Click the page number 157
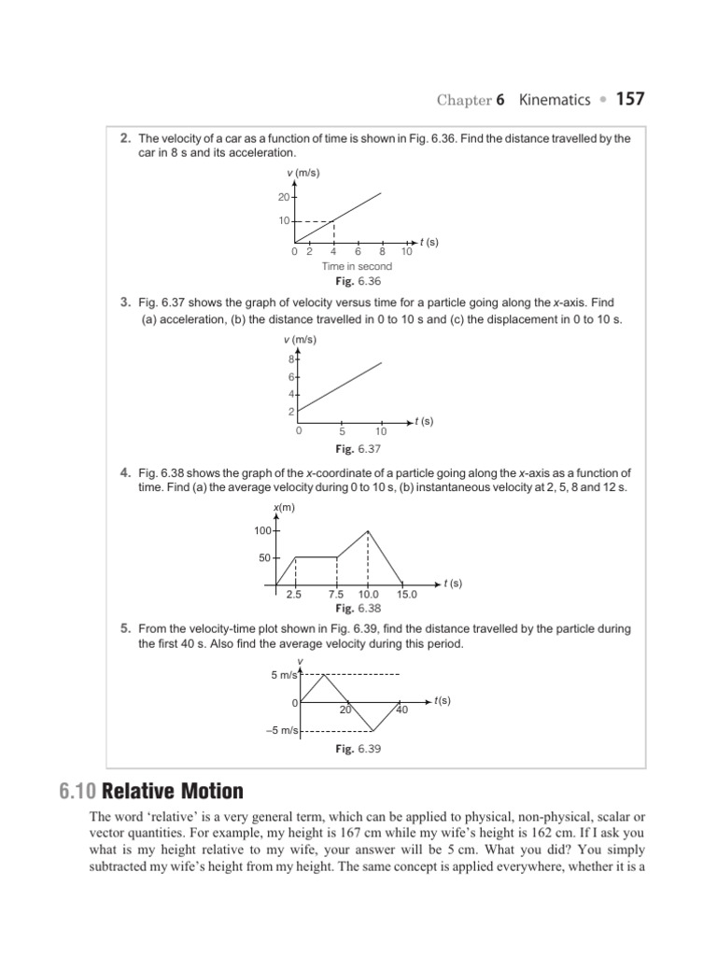pos(629,98)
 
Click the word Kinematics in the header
pos(555,99)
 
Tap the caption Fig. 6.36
pos(358,281)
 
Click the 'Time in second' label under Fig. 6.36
pos(358,266)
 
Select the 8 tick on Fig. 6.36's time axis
pos(382,251)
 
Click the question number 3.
pos(124,302)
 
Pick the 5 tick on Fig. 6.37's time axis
pos(343,431)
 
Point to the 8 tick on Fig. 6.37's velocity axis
pos(290,359)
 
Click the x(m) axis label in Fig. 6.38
pos(283,507)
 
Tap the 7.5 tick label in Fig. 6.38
pos(337,594)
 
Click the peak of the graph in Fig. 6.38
pos(369,530)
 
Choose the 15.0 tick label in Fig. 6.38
pos(407,594)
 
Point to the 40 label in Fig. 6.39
pos(402,710)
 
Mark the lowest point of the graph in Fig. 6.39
pos(373,730)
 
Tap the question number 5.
pos(124,628)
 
